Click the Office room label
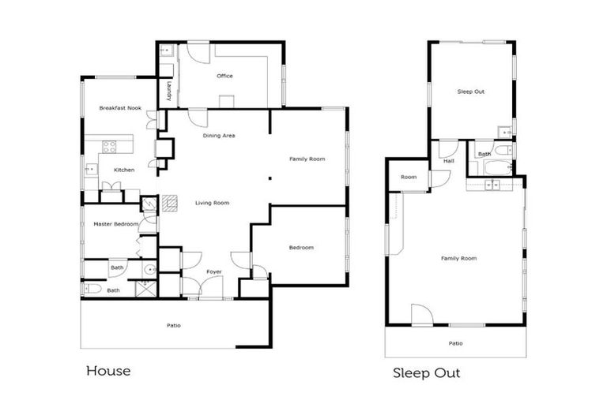(x=224, y=77)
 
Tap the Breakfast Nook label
(x=120, y=108)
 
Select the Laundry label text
(x=169, y=92)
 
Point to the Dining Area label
(x=219, y=136)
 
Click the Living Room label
(x=212, y=203)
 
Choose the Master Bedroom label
(x=115, y=224)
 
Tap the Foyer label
(x=213, y=271)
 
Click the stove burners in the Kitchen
(x=110, y=146)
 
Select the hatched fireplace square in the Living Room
(x=170, y=203)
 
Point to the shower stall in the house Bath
(x=146, y=289)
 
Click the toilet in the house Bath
(x=92, y=289)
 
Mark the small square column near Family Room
(x=270, y=178)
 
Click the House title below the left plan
(x=108, y=371)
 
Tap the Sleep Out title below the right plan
(x=427, y=373)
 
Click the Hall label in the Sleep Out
(x=449, y=161)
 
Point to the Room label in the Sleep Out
(x=409, y=177)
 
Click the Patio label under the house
(x=173, y=326)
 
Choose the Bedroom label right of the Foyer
(x=301, y=248)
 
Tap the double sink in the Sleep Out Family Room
(x=492, y=185)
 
